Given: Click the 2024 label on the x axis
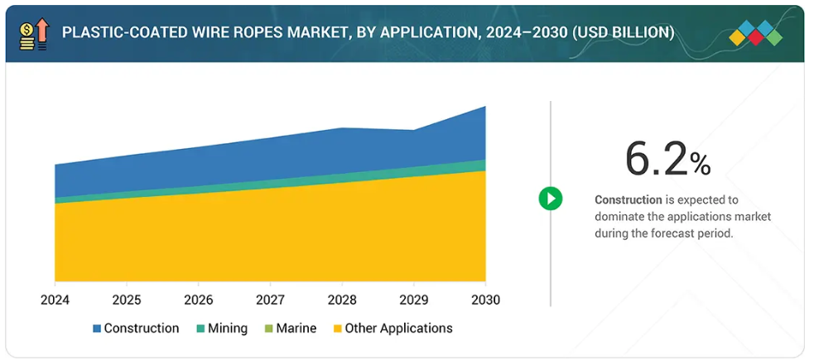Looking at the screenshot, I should (x=55, y=299).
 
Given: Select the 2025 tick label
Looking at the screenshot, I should (x=127, y=299).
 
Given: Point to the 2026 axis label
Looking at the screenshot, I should (x=199, y=299).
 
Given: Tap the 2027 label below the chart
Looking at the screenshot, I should (x=270, y=299).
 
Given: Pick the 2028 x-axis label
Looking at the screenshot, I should (x=342, y=299).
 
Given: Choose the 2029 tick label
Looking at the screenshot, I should (x=414, y=299).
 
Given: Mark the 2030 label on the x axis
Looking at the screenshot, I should (x=485, y=299).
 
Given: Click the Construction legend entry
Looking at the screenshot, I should (x=135, y=329).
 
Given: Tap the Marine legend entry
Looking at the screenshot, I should (x=289, y=329).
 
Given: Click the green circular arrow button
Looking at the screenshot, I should (x=551, y=199).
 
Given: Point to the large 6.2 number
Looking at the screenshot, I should (x=657, y=160).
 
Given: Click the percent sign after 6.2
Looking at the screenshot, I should (x=701, y=165).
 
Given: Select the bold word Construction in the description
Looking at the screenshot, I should (x=629, y=199).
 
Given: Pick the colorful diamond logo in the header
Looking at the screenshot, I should (x=756, y=34).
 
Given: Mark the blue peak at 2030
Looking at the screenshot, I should (x=484, y=108).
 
